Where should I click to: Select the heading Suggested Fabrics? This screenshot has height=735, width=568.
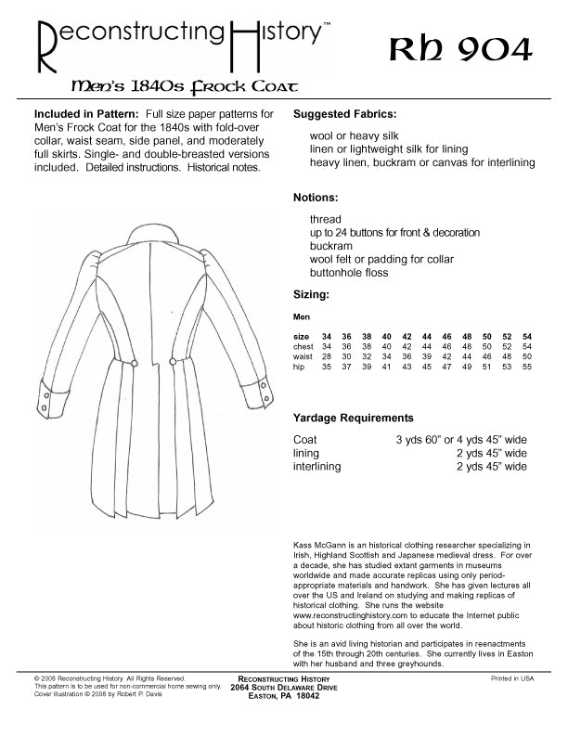tap(345, 114)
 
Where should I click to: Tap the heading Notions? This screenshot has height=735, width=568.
tap(316, 198)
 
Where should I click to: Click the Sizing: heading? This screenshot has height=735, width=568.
tap(312, 294)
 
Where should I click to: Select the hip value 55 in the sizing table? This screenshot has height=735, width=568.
tap(527, 367)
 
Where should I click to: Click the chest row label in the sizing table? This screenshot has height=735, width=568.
tap(303, 346)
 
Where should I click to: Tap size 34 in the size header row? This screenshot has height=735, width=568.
tap(326, 335)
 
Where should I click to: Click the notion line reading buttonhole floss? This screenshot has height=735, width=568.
tap(349, 273)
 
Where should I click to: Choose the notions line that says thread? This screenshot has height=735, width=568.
tap(325, 220)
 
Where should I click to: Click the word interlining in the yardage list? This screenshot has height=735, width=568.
tap(316, 467)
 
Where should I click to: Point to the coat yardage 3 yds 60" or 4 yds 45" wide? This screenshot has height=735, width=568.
tap(461, 440)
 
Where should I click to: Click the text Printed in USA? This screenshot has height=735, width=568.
tap(512, 679)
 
